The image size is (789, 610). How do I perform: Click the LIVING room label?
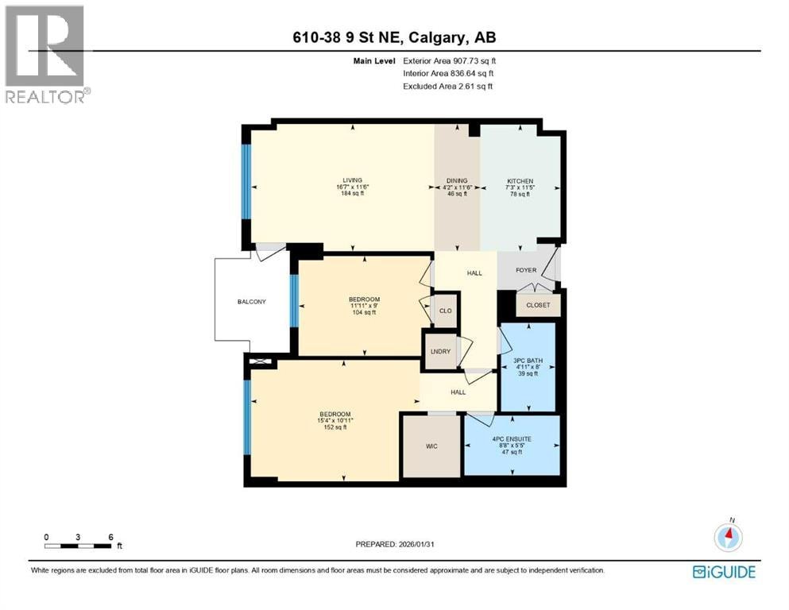(352, 180)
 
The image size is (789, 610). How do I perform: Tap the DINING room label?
(457, 180)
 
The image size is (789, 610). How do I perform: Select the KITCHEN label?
(520, 181)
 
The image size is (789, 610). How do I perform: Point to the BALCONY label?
(252, 302)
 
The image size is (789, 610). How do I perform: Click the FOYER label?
(526, 270)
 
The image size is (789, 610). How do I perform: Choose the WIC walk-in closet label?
(431, 446)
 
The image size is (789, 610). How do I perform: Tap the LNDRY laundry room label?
(440, 352)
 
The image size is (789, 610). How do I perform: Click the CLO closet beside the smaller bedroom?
(445, 311)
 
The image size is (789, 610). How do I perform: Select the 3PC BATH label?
(528, 361)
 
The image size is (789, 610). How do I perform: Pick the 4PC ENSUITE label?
(512, 439)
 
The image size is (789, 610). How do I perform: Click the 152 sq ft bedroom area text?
(335, 427)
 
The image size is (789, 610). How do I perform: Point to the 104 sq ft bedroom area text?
(365, 312)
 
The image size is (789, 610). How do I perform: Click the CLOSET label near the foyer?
(538, 305)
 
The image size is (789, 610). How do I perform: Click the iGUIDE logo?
(724, 573)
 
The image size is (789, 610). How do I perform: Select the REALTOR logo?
(47, 54)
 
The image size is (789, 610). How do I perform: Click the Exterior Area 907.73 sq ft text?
(450, 61)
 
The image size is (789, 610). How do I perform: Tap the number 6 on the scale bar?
(110, 537)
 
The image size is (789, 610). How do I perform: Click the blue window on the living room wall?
(246, 182)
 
